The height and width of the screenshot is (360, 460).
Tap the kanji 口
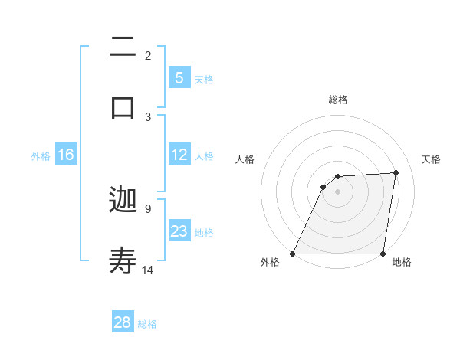point(123,106)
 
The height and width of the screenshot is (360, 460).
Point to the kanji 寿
point(123,260)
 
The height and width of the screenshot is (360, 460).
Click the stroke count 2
point(148,55)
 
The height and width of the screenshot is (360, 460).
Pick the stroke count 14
point(149,270)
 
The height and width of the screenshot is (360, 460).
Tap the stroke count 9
point(148,208)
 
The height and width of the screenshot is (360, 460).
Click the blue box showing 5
point(179,77)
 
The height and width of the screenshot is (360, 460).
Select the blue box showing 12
point(179,155)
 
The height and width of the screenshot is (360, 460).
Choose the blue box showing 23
point(179,231)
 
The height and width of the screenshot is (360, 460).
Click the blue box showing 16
point(65,155)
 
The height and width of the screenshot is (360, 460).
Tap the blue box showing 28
point(123,322)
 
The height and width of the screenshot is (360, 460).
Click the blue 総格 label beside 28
point(147,324)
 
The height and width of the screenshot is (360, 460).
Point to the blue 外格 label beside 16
point(41,156)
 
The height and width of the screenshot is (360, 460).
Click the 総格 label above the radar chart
point(338,100)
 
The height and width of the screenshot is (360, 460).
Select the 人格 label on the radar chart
point(245,159)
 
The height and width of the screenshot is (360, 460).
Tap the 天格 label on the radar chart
point(431,159)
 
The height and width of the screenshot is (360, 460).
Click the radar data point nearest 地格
point(383,254)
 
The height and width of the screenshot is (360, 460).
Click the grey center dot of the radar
point(338,191)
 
